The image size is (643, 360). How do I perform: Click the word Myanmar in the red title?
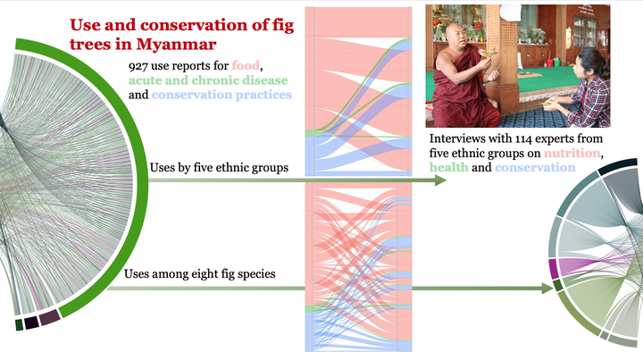pyautogui.click(x=176, y=44)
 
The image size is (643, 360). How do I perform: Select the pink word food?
pyautogui.click(x=246, y=65)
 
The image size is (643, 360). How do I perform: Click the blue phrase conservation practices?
pyautogui.click(x=221, y=95)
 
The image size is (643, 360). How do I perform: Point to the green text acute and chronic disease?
pyautogui.click(x=208, y=80)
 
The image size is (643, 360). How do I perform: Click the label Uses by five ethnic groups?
pyautogui.click(x=219, y=168)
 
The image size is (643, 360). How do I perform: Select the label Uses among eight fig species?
pyautogui.click(x=200, y=273)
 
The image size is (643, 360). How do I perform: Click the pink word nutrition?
pyautogui.click(x=572, y=153)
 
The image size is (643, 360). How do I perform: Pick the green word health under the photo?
pyautogui.click(x=448, y=167)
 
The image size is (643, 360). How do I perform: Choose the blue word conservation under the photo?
pyautogui.click(x=535, y=167)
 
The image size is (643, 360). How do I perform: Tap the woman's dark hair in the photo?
pyautogui.click(x=594, y=62)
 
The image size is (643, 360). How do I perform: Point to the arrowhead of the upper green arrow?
pyautogui.click(x=440, y=180)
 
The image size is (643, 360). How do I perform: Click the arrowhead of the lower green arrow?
pyautogui.click(x=547, y=289)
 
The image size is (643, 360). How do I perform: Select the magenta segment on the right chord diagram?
pyautogui.click(x=553, y=268)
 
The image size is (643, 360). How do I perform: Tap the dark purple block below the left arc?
pyautogui.click(x=50, y=317)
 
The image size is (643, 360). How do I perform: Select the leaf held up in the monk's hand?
pyautogui.click(x=489, y=53)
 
